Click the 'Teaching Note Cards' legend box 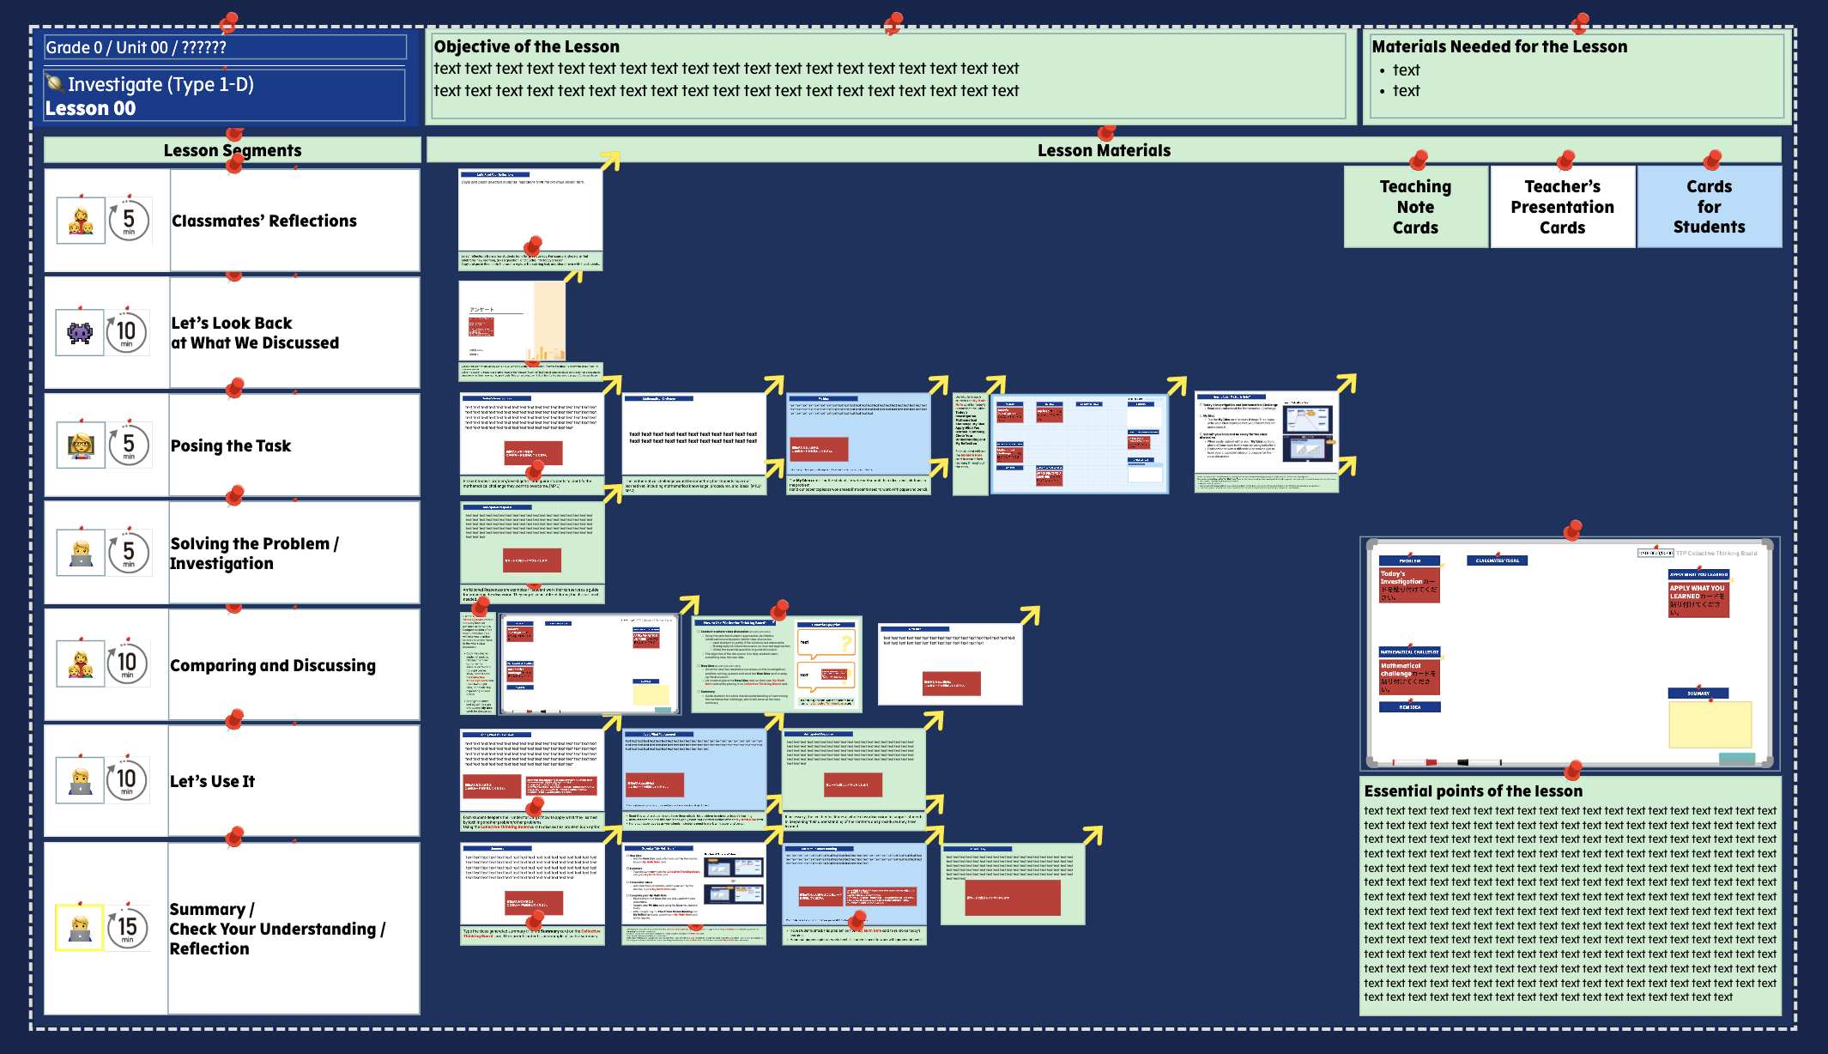coord(1415,207)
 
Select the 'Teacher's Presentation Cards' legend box coord(1562,207)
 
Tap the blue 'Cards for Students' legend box coord(1709,207)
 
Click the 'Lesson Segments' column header coord(233,150)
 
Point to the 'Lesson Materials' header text coord(1104,150)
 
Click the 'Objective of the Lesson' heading coord(526,46)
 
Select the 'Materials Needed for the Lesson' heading coord(1499,46)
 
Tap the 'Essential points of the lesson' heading coord(1473,790)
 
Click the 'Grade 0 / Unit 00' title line coord(136,47)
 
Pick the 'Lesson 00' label coord(90,108)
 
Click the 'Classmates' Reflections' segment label coord(264,221)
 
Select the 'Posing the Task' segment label coord(231,445)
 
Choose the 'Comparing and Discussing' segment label coord(273,665)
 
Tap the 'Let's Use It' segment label coord(212,781)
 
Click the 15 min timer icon coord(128,927)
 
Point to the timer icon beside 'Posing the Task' coord(129,445)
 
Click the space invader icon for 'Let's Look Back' coord(80,331)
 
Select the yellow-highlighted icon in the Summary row coord(80,927)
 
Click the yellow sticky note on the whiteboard coord(1710,724)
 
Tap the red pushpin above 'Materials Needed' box coord(1579,21)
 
